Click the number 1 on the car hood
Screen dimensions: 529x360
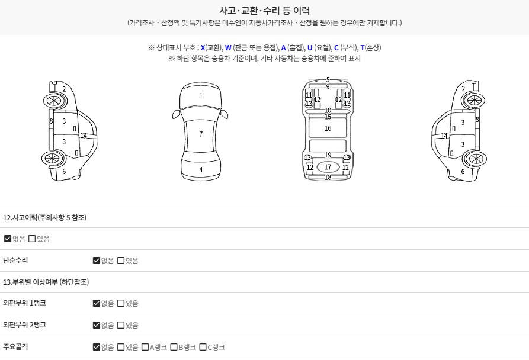pos(201,96)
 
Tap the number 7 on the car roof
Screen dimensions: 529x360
pos(201,134)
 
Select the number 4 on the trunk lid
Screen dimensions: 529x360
pos(201,170)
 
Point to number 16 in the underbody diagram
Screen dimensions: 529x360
pos(328,128)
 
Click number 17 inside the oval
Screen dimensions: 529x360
pos(328,167)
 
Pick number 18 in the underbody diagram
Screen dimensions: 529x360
pos(328,177)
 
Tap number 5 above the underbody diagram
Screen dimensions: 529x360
pos(328,80)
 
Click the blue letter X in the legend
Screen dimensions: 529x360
pos(203,48)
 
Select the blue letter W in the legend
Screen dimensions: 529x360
pos(228,48)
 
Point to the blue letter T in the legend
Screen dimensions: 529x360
pos(363,48)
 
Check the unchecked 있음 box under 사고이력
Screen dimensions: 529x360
pos(32,239)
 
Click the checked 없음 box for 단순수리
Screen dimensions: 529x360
pos(97,261)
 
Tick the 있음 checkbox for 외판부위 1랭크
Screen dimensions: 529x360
pos(121,303)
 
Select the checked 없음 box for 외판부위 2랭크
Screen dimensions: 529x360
pos(97,325)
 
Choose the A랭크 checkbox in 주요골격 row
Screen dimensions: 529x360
pos(145,347)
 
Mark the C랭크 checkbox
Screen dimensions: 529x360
pos(203,347)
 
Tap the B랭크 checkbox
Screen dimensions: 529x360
pos(174,347)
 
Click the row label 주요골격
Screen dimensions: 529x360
pos(15,347)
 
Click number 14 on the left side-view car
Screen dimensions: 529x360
pos(84,136)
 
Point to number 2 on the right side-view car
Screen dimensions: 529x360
pos(463,89)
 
